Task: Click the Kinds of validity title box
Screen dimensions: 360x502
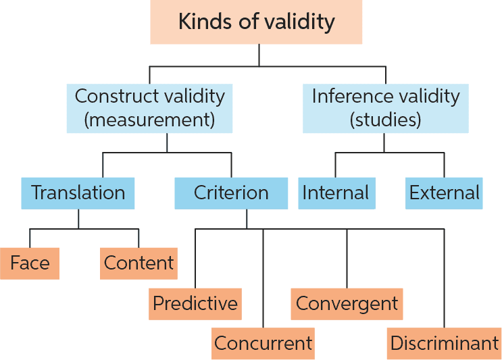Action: (256, 22)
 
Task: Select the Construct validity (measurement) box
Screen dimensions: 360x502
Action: (149, 108)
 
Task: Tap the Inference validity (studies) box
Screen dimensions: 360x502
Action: (385, 108)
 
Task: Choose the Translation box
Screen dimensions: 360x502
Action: (78, 193)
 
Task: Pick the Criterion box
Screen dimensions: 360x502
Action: (231, 193)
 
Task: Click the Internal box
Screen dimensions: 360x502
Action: (336, 193)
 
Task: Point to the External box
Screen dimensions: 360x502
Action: (444, 193)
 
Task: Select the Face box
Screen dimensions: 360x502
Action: (30, 263)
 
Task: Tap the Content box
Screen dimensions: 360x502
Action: (139, 263)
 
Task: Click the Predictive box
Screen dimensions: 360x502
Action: (195, 304)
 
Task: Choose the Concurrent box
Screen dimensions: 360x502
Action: (263, 343)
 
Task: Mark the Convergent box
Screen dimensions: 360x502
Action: (347, 304)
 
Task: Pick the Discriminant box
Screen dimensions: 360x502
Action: (444, 343)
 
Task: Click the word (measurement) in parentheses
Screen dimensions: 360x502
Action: (149, 120)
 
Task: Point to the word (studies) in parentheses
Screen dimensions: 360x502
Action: (385, 120)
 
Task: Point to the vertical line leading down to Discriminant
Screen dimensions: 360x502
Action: (445, 277)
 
